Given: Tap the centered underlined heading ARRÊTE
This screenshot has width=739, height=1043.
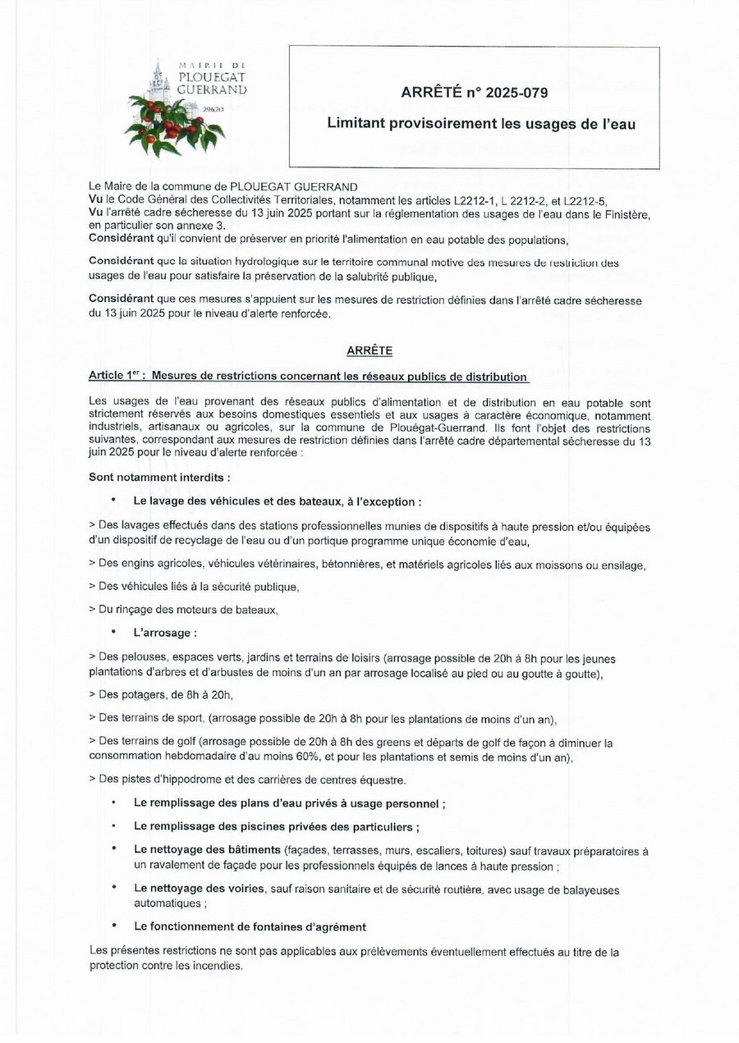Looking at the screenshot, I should (369, 350).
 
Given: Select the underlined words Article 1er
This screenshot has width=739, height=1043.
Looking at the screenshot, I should (113, 377).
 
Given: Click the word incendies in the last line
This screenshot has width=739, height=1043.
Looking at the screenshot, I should (216, 966).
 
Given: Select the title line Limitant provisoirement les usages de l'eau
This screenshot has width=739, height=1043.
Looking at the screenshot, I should (482, 125).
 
